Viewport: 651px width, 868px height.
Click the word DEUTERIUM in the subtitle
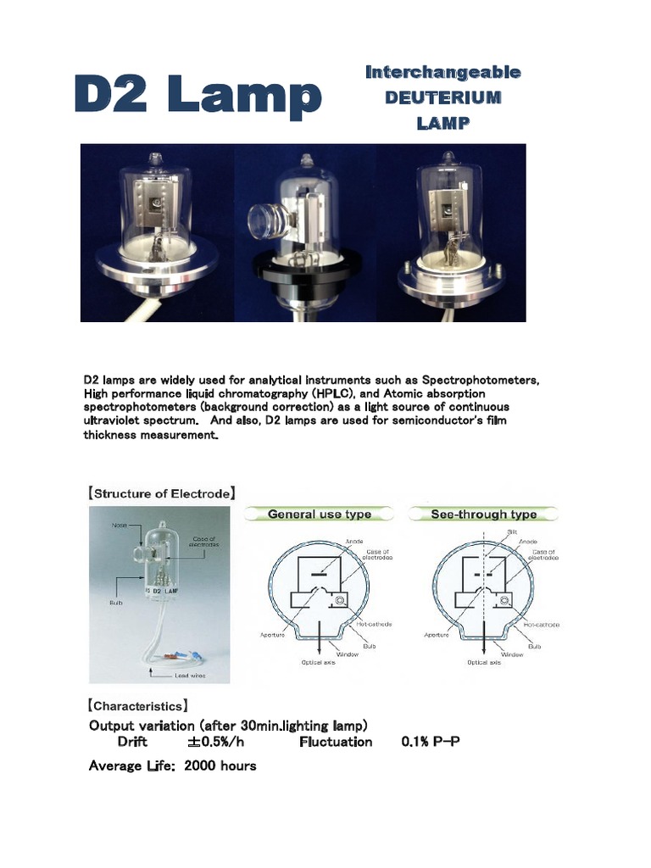(x=442, y=97)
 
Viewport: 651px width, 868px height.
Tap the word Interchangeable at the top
(x=442, y=72)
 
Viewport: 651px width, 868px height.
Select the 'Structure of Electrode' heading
(x=162, y=492)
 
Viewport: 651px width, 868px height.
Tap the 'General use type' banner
(x=319, y=514)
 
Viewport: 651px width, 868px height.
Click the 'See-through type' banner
(x=484, y=514)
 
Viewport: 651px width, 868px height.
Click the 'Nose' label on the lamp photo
(x=120, y=526)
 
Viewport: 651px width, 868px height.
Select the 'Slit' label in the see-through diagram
(x=511, y=531)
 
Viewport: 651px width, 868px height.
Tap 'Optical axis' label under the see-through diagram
(x=484, y=662)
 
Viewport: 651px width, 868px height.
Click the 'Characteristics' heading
(x=136, y=705)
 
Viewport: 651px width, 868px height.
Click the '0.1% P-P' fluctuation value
(x=431, y=742)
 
